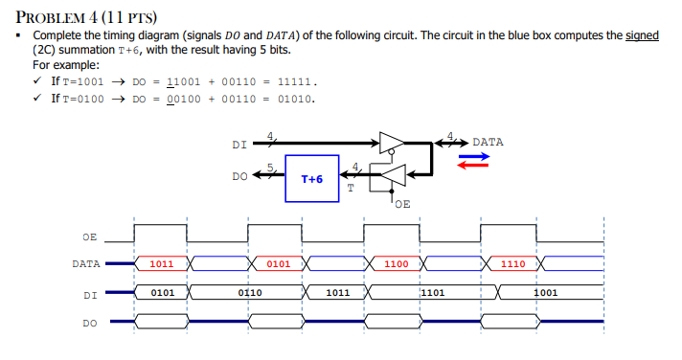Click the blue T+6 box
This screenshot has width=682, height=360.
pos(311,179)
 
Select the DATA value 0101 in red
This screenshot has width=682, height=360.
pos(278,263)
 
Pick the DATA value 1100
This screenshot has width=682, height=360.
pos(396,263)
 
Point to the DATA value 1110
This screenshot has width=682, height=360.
pos(512,263)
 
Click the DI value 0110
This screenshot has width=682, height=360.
pos(249,292)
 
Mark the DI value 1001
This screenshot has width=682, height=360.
pos(546,292)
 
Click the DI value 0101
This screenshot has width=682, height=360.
pos(161,292)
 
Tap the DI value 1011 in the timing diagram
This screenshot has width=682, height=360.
pos(337,292)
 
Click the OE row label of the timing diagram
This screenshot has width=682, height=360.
pos(89,235)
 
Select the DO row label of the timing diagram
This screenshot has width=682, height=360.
pos(89,323)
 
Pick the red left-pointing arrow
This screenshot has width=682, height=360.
pos(473,164)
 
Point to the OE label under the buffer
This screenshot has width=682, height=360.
pos(401,204)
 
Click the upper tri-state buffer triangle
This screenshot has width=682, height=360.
pos(391,143)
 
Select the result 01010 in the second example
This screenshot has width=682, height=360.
pos(296,98)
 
